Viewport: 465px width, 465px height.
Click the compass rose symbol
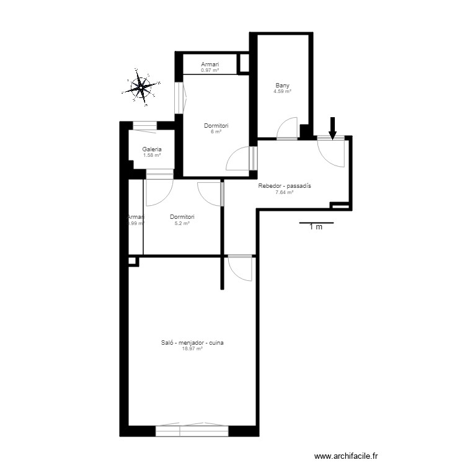[142, 87]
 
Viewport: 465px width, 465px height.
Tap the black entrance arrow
[332, 127]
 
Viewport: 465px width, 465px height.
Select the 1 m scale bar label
[316, 227]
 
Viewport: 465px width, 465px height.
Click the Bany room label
[283, 86]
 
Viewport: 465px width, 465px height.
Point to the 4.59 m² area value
[283, 92]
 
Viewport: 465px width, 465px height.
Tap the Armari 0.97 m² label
[210, 67]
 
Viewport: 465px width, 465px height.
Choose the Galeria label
[152, 149]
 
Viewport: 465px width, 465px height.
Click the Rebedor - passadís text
[284, 186]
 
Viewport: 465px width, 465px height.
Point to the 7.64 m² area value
[284, 192]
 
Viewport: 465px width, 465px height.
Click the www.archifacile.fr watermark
[346, 456]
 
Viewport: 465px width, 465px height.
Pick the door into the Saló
[241, 267]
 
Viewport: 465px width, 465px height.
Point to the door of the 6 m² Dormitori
[239, 159]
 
